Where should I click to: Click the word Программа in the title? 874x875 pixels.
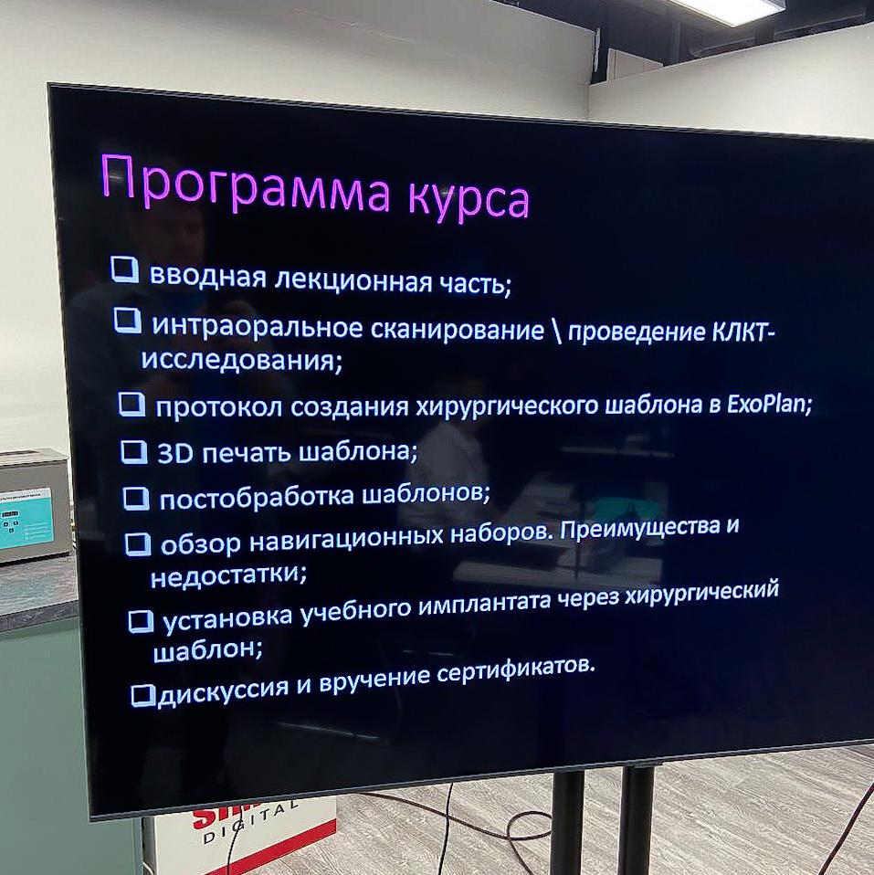(246, 184)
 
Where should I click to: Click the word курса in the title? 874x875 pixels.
(469, 200)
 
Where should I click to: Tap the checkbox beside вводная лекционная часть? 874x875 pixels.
(124, 269)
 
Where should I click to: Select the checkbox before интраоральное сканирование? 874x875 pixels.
(127, 321)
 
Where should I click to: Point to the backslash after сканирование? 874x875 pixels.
(556, 331)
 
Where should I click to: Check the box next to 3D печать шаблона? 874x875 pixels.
(133, 452)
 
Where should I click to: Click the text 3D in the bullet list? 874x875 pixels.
(174, 454)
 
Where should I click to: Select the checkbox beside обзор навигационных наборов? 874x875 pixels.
(137, 544)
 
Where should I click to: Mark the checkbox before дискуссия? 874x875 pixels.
(142, 696)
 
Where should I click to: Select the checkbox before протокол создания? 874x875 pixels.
(132, 404)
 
